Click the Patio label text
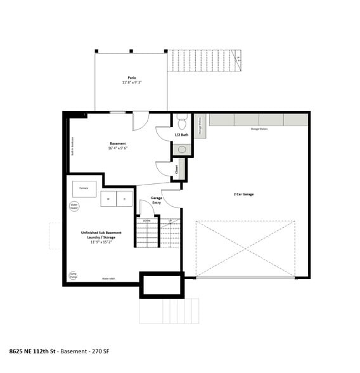pos(131,78)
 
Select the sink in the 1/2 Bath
pos(181,150)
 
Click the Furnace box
pos(84,188)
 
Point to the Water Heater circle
pos(74,206)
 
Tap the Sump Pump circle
pos(74,275)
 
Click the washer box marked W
pos(108,199)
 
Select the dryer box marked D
pos(125,199)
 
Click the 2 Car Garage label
pos(243,194)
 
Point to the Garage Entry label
pos(157,200)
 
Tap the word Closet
pos(176,169)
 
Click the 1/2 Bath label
pos(181,134)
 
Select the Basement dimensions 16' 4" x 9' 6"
pos(118,148)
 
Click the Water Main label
pos(108,278)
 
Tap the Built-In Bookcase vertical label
pos(74,147)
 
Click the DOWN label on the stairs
pos(146,221)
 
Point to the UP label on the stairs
pos(169,221)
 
